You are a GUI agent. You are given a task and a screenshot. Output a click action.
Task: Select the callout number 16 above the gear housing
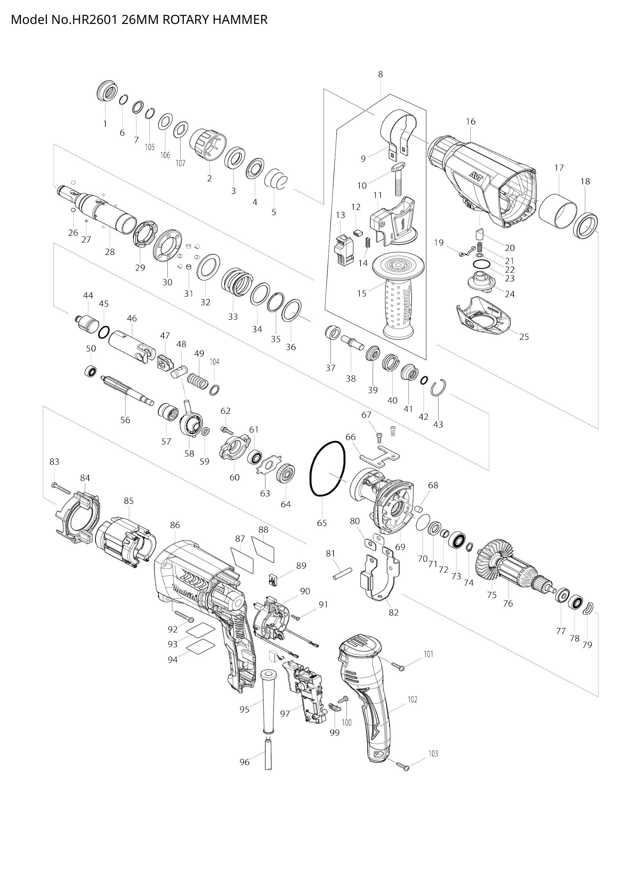point(470,122)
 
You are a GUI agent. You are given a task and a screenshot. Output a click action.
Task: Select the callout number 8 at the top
point(380,74)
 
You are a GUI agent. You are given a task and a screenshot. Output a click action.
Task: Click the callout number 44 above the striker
point(88,295)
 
